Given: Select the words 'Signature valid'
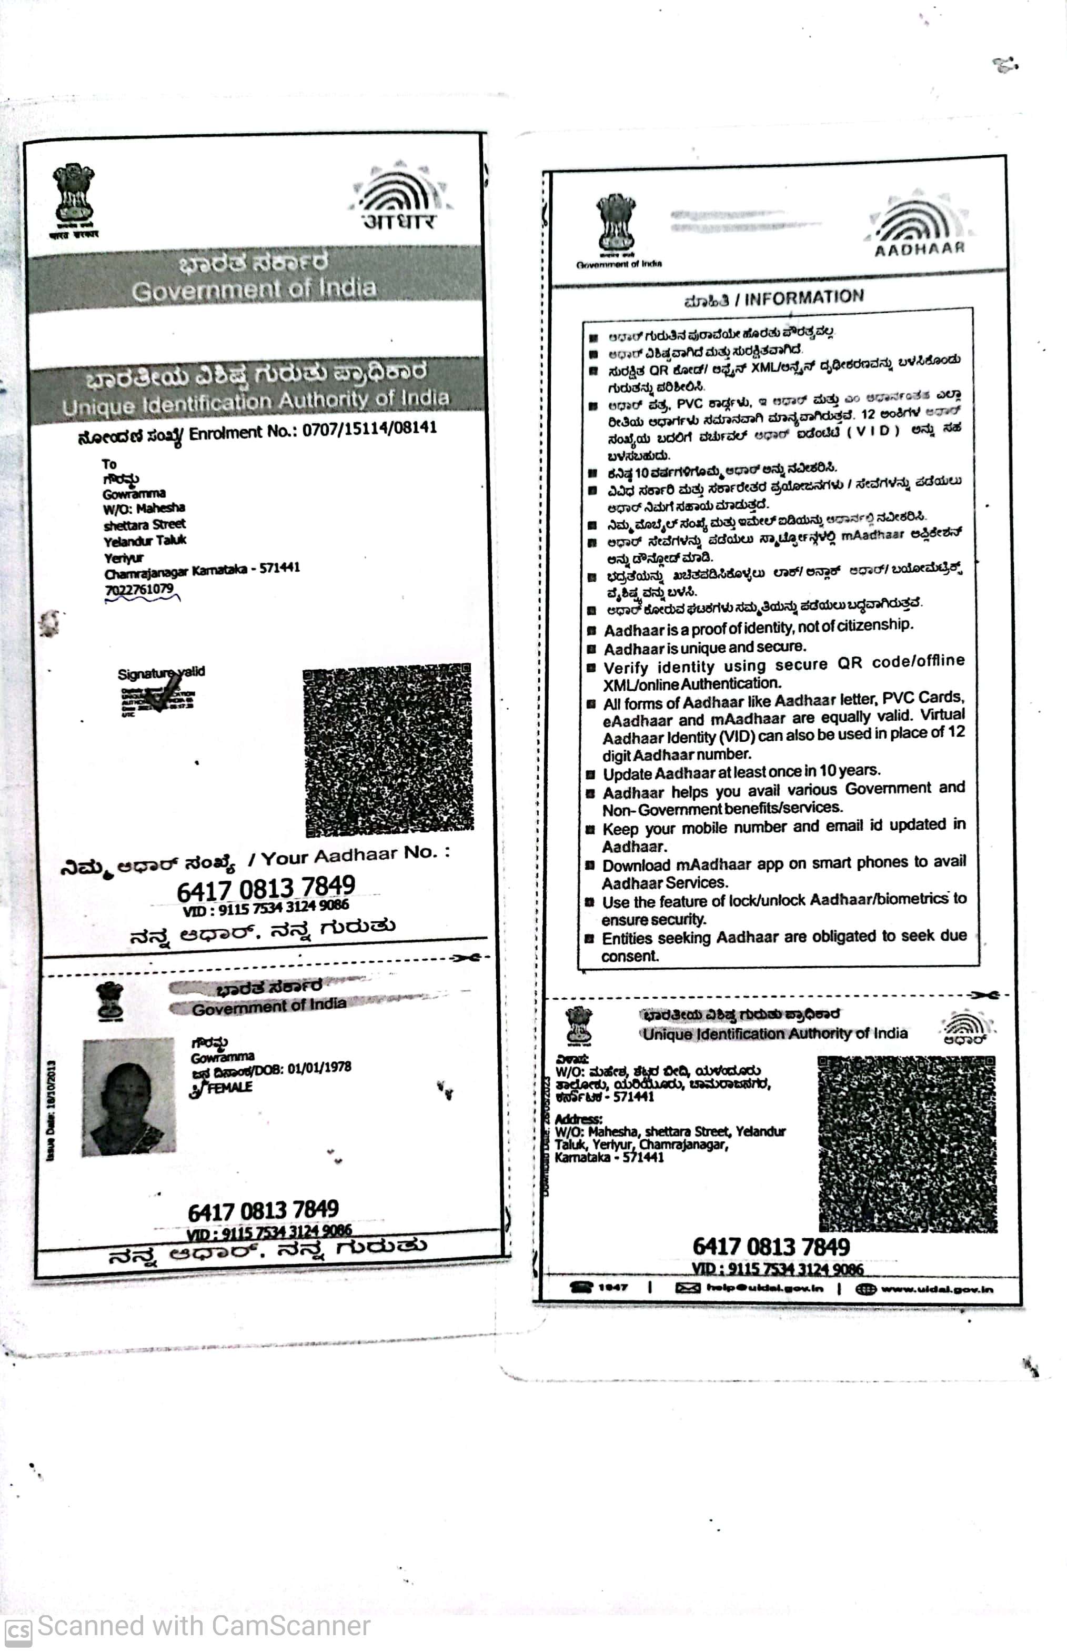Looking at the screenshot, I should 161,672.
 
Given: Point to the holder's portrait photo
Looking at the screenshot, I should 128,1097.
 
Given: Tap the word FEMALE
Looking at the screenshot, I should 229,1087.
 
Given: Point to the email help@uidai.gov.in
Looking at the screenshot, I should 765,1288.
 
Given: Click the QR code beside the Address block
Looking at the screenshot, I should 907,1144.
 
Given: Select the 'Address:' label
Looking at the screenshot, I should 579,1119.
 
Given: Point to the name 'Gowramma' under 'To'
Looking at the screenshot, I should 134,494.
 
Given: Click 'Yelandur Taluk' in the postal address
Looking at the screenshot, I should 145,541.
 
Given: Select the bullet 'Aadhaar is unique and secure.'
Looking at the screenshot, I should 704,648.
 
